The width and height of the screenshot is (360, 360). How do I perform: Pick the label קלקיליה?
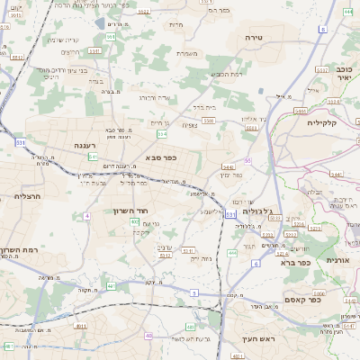click(321, 121)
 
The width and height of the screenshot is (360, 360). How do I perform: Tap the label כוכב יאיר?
click(346, 74)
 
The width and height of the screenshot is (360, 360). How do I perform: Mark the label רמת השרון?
click(19, 249)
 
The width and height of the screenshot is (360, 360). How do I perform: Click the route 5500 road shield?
click(209, 120)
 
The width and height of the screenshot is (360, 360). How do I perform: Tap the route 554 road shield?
click(162, 134)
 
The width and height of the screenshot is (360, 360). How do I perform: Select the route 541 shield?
click(93, 157)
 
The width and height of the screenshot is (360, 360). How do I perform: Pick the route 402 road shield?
click(134, 221)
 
